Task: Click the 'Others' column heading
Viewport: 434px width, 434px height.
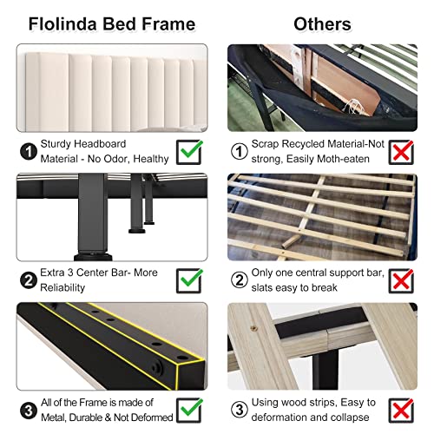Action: [321, 23]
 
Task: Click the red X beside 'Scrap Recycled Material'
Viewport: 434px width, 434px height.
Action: [413, 153]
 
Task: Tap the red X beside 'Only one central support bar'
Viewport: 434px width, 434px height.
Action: [413, 279]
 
